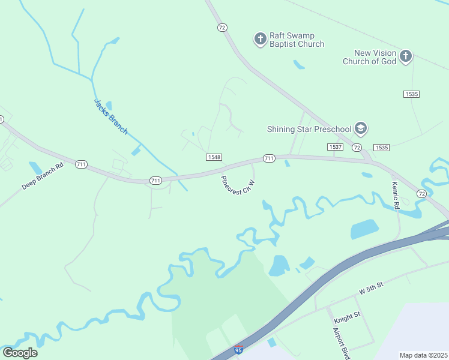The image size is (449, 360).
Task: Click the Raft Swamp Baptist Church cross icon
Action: point(260,39)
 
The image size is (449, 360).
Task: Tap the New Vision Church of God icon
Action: point(406,56)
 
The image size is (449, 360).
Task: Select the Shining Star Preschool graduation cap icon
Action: point(361,128)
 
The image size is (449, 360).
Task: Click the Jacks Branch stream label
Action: point(111,116)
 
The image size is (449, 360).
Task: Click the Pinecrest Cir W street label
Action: point(238,185)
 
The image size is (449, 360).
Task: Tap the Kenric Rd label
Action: point(396,195)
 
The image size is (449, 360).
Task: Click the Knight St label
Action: point(348,314)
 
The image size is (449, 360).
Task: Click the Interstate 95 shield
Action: point(238,349)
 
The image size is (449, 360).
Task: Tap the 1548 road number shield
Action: point(214,157)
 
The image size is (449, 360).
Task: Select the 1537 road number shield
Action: point(335,147)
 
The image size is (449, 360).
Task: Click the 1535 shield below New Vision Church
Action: point(411,94)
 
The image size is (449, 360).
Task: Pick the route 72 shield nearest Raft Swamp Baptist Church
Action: point(223,28)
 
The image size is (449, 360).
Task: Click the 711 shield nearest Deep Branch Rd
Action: point(82,164)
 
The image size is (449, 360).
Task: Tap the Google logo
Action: point(20,352)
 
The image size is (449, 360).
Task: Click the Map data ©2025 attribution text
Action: point(423,355)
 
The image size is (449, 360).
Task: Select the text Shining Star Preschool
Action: point(309,129)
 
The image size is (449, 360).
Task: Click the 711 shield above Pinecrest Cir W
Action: point(269,158)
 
